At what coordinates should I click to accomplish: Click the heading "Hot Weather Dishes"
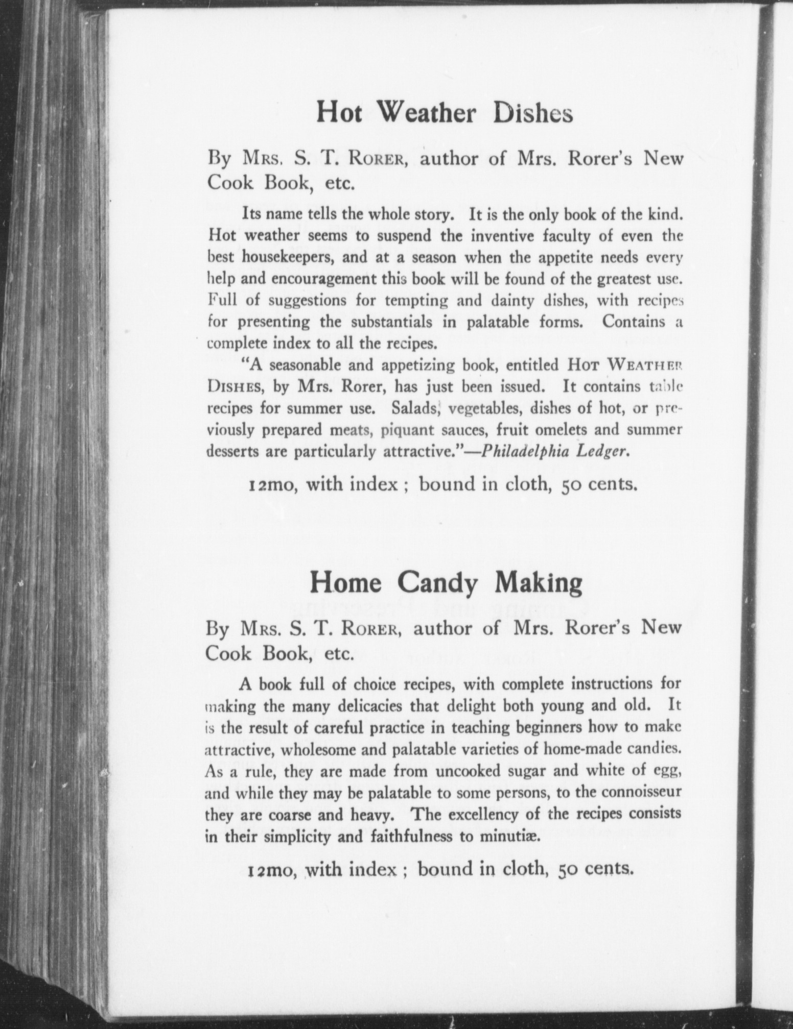[x=444, y=112]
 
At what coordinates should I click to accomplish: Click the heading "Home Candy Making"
[x=446, y=583]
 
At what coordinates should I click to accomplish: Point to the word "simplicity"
[x=288, y=837]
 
